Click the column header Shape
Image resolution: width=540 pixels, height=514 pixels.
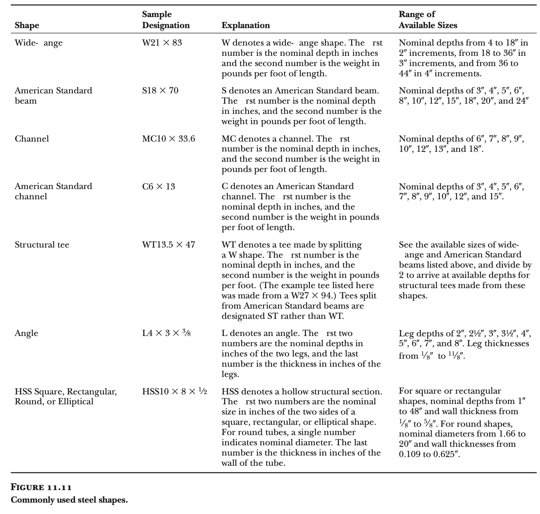27,25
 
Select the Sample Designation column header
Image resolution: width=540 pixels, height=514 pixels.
166,20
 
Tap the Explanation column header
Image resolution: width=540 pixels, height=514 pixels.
246,25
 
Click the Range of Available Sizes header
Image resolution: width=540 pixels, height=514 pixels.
428,20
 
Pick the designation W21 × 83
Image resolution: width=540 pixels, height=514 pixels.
162,43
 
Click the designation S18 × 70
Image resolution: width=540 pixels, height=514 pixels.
160,91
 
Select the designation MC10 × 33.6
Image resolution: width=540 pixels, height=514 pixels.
168,139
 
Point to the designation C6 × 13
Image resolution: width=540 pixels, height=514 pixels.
159,187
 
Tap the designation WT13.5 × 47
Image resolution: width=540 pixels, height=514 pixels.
168,245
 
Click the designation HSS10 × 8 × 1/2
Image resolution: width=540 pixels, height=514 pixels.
174,391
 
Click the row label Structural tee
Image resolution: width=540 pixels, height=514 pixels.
42,245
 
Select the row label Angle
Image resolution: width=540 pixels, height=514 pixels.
26,333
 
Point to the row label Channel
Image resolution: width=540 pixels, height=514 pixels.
31,139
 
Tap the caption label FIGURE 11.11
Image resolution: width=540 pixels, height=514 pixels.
41,487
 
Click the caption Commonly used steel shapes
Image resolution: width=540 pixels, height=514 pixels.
69,500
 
